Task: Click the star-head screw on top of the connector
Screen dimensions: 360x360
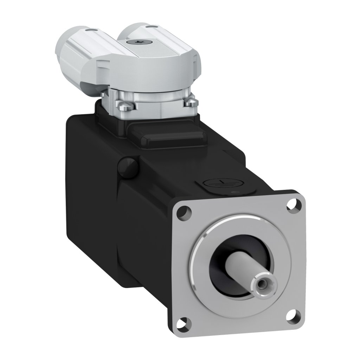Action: coord(140,42)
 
